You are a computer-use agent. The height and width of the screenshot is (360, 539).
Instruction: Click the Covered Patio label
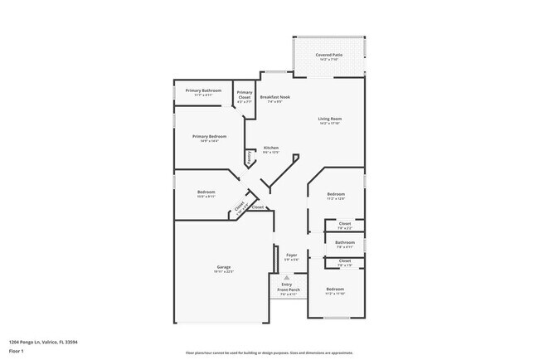click(x=329, y=55)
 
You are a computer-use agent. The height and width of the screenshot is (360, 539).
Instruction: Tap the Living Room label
click(x=330, y=119)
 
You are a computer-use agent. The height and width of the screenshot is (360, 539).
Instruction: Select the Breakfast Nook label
click(x=274, y=97)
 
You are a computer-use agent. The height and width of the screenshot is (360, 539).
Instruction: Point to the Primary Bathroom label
click(x=203, y=90)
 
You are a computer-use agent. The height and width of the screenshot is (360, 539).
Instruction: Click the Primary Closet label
click(x=244, y=95)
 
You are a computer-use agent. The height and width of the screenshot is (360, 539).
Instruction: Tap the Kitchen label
click(x=271, y=148)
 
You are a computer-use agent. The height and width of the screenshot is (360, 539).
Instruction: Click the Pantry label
click(x=248, y=156)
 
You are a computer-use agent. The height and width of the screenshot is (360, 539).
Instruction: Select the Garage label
click(x=224, y=267)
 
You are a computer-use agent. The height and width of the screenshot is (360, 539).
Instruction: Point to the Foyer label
click(x=292, y=255)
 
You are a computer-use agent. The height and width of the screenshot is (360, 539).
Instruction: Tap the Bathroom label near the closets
click(x=345, y=242)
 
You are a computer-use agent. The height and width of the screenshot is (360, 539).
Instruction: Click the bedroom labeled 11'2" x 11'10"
click(x=335, y=290)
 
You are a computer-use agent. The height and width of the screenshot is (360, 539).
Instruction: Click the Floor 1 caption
click(x=15, y=351)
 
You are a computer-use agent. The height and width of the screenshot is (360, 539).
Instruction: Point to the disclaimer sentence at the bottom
click(x=269, y=352)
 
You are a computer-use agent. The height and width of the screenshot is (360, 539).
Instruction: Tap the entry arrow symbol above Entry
click(x=285, y=278)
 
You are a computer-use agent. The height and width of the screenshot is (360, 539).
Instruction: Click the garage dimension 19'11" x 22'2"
click(x=224, y=271)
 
